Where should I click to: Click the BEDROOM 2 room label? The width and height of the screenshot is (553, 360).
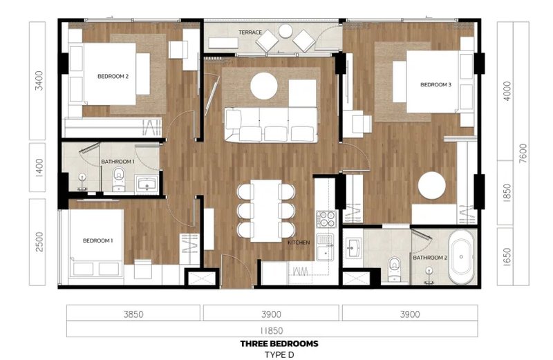pos(113,77)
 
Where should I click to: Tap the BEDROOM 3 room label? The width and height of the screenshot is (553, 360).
pos(435,85)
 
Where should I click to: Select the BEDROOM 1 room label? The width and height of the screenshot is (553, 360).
pos(97,240)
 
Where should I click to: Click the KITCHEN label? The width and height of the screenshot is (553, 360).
pos(298,243)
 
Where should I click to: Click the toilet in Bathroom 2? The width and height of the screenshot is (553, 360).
pos(395,265)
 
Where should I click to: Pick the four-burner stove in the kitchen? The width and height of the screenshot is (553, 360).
pos(326,220)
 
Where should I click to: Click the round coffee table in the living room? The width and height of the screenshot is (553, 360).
pos(264,86)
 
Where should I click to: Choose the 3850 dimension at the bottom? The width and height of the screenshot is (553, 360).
pos(133,314)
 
